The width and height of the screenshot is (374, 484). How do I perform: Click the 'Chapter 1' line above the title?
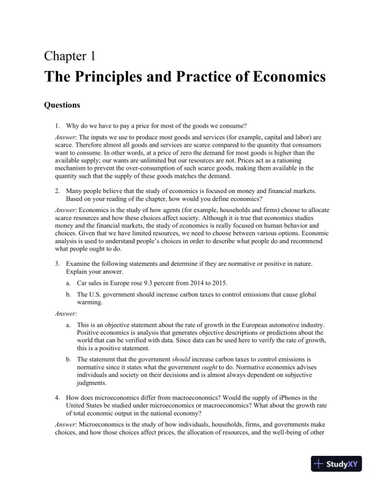[x=70, y=57]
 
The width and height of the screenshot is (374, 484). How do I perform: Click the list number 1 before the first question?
[x=57, y=126]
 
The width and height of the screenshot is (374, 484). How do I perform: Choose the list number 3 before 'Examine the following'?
[x=57, y=263]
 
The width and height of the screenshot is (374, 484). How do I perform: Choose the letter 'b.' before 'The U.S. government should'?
[x=69, y=294]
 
